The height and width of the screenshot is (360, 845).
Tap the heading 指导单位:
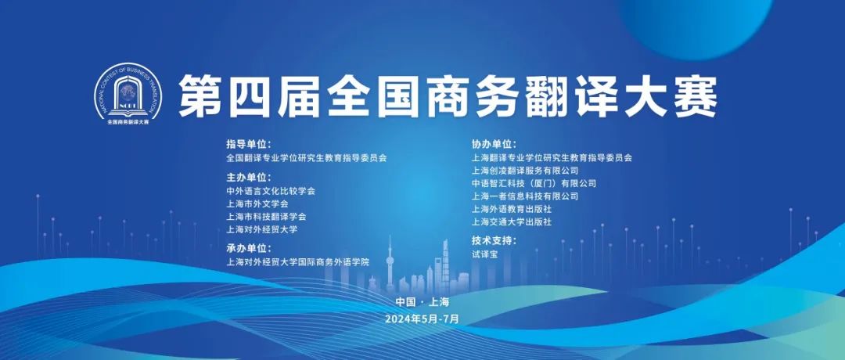pyautogui.click(x=249, y=145)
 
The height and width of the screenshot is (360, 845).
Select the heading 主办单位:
pyautogui.click(x=249, y=178)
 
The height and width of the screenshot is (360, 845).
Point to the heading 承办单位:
pyautogui.click(x=249, y=248)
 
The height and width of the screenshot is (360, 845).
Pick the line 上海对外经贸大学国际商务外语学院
pyautogui.click(x=298, y=262)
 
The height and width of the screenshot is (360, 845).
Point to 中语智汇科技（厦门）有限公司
pyautogui.click(x=534, y=183)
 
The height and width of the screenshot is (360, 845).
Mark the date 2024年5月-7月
pyautogui.click(x=422, y=319)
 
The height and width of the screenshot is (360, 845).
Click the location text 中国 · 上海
pyautogui.click(x=422, y=302)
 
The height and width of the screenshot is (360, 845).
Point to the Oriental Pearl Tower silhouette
pyautogui.click(x=390, y=264)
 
